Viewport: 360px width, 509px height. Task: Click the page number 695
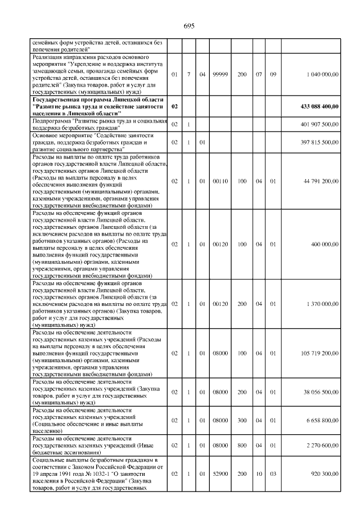(x=188, y=26)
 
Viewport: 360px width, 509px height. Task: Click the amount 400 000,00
(x=326, y=245)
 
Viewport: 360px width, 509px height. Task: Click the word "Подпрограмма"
(x=51, y=120)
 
